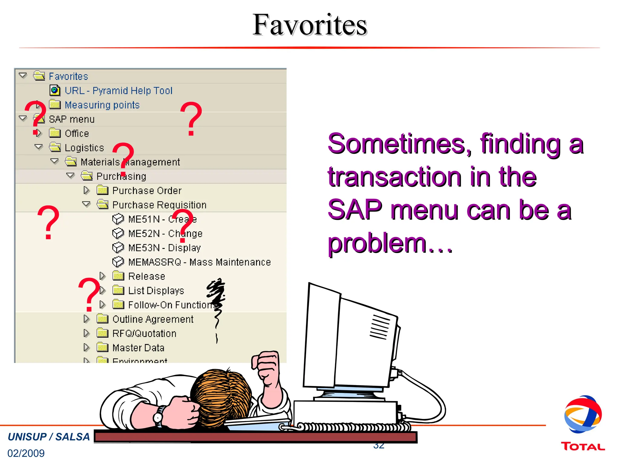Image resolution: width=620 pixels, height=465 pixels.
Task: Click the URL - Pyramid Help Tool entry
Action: [118, 91]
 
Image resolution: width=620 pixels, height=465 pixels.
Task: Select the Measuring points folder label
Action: [102, 105]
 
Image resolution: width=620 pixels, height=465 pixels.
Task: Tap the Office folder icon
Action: [55, 133]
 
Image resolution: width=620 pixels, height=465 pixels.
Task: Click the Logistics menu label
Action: [84, 148]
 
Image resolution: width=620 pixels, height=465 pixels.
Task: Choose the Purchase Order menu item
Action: [147, 191]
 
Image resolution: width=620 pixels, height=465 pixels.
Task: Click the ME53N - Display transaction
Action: [164, 248]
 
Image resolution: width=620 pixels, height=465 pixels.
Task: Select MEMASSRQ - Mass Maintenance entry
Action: [199, 262]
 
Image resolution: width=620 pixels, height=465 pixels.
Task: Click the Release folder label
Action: [147, 276]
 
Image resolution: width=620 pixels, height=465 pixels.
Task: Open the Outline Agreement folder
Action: [153, 319]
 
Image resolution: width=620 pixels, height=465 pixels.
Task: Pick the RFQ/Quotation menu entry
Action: [144, 334]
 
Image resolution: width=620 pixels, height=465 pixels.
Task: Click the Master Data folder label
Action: [138, 348]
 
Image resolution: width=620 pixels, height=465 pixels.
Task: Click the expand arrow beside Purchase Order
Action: [87, 190]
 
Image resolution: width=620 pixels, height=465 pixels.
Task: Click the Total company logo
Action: [583, 424]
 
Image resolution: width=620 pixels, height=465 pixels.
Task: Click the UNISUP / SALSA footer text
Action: [49, 437]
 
